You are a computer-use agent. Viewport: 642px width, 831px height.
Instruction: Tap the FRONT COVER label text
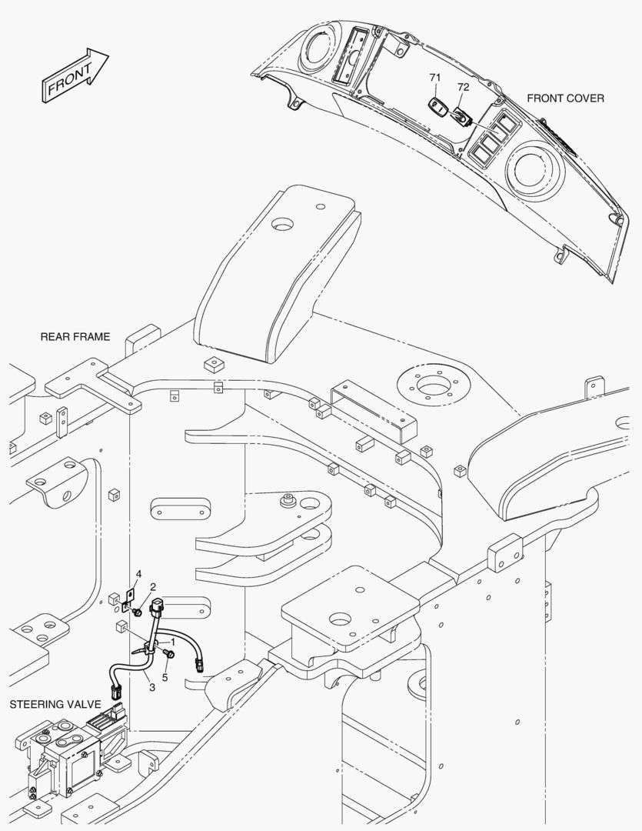pos(565,98)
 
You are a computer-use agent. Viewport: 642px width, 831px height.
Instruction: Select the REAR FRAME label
pos(75,337)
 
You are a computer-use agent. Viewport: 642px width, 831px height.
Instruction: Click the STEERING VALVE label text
pos(48,704)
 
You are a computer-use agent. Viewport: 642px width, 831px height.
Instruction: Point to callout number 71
pos(435,78)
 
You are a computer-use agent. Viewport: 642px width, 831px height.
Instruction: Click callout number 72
pos(463,88)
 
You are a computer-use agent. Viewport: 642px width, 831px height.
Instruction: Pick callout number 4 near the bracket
pos(138,574)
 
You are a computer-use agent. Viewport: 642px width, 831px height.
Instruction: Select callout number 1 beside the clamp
pos(173,640)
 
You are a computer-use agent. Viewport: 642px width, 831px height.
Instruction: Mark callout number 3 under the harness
pos(152,686)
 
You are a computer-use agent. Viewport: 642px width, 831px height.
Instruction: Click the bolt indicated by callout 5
pos(170,654)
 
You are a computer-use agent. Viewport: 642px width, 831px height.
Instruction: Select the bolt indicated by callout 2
pos(135,611)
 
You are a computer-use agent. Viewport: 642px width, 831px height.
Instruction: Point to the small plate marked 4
pos(129,596)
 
